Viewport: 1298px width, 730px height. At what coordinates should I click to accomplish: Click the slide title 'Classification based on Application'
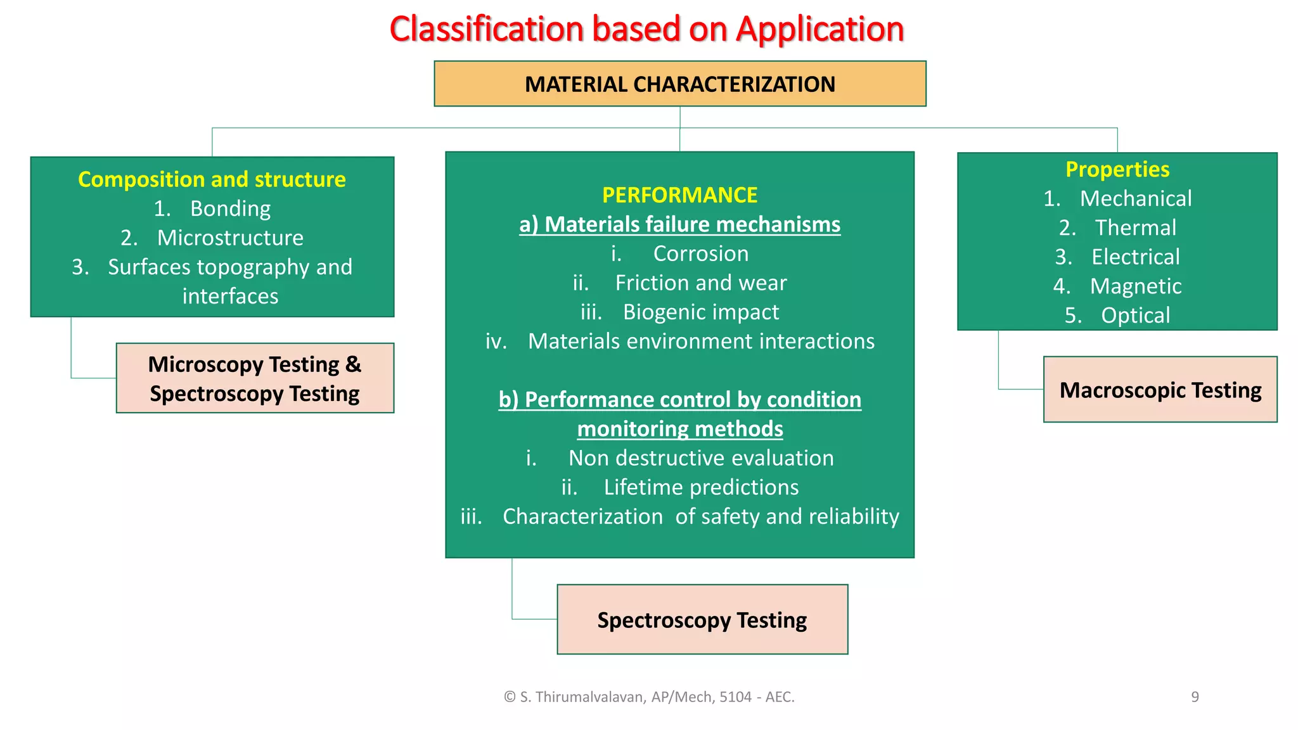pos(646,29)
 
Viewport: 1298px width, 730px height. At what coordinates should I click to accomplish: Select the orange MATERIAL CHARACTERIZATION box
pos(679,84)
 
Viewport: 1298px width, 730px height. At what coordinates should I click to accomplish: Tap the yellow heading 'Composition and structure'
pos(212,179)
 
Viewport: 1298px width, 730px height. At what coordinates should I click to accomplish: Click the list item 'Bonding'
pos(230,208)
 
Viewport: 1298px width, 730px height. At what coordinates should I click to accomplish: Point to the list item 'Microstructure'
pos(230,238)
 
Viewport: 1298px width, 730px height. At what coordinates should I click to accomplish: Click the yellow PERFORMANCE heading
pos(679,195)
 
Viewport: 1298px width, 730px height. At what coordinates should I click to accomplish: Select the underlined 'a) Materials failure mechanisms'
pos(679,224)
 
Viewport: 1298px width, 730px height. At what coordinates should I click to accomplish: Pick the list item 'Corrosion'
pos(700,253)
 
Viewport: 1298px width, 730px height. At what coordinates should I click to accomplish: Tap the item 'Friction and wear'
pos(700,283)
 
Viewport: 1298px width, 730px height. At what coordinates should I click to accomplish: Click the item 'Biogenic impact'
pos(700,312)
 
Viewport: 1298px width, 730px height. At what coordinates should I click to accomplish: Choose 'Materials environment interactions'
pos(701,341)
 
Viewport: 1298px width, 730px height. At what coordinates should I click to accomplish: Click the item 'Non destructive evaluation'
pos(700,458)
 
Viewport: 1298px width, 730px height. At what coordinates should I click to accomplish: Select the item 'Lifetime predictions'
pos(700,487)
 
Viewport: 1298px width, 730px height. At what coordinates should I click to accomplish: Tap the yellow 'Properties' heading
pos(1117,169)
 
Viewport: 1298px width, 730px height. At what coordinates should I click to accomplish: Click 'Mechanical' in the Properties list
pos(1135,198)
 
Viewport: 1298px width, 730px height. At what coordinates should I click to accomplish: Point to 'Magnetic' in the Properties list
pos(1135,286)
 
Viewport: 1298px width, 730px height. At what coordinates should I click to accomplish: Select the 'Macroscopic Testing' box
pos(1160,390)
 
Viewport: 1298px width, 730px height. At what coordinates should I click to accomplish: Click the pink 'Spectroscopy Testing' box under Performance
pos(702,620)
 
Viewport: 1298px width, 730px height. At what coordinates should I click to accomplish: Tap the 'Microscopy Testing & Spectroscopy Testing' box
pos(255,378)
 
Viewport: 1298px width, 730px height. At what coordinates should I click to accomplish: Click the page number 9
pos(1195,697)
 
